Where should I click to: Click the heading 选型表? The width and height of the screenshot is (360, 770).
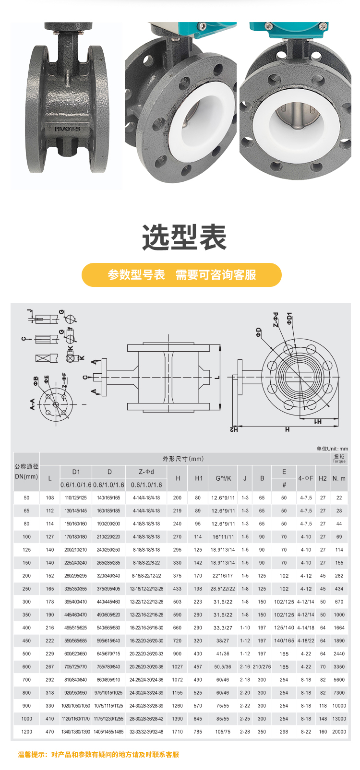pyautogui.click(x=184, y=237)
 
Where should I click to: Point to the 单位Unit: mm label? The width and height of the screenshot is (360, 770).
pyautogui.click(x=332, y=448)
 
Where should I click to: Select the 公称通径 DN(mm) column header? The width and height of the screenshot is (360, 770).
pyautogui.click(x=26, y=472)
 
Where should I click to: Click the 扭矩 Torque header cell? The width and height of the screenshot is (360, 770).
pyautogui.click(x=339, y=459)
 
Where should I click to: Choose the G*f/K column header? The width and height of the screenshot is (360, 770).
pyautogui.click(x=223, y=478)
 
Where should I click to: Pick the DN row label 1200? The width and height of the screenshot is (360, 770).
pyautogui.click(x=26, y=732)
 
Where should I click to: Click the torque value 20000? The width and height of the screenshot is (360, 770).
pyautogui.click(x=339, y=732)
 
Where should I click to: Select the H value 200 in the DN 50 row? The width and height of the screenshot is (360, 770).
pyautogui.click(x=177, y=498)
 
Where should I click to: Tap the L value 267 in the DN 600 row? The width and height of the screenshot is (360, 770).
pyautogui.click(x=50, y=667)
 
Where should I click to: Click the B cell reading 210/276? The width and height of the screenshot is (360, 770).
pyautogui.click(x=262, y=667)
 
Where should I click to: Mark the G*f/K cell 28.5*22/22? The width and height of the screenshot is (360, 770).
pyautogui.click(x=223, y=589)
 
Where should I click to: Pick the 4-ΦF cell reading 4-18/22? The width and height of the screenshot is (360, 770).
pyautogui.click(x=306, y=640)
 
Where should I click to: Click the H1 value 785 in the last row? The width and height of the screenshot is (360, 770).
pyautogui.click(x=198, y=732)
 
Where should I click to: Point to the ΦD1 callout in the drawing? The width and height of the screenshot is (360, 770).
pyautogui.click(x=289, y=319)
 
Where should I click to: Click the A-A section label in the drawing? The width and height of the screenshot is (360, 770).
pyautogui.click(x=32, y=404)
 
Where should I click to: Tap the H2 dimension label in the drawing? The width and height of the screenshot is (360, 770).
pyautogui.click(x=234, y=429)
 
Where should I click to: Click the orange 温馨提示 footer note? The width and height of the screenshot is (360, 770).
pyautogui.click(x=98, y=755)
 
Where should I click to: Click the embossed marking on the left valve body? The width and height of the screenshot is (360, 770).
pyautogui.click(x=67, y=129)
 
